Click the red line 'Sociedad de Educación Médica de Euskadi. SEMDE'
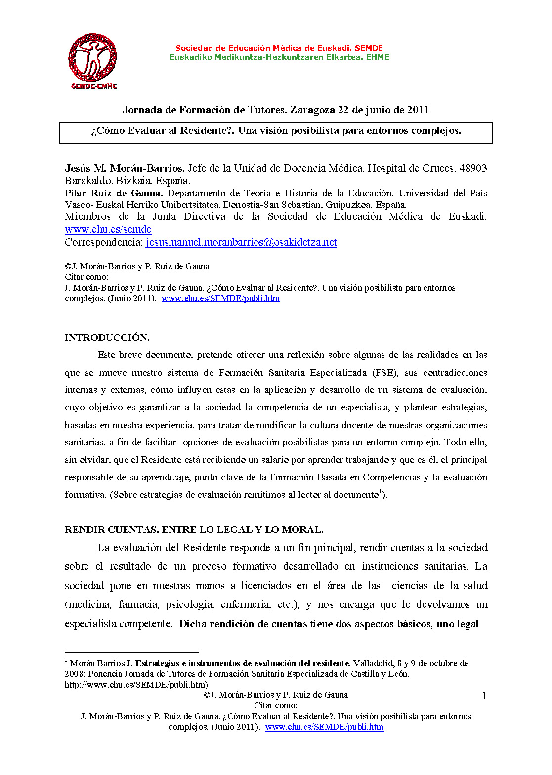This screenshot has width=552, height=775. click(279, 48)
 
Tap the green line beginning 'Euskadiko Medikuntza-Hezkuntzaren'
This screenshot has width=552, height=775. click(279, 57)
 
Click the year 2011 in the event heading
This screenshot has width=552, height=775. click(418, 110)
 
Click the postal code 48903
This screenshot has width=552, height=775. click(473, 168)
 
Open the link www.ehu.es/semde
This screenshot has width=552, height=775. click(108, 229)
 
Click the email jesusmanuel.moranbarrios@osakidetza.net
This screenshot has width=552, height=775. click(241, 242)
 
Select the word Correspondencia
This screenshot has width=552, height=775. click(104, 242)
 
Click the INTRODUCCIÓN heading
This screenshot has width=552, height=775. click(107, 338)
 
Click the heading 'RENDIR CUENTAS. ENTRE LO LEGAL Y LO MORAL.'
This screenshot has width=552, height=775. click(194, 530)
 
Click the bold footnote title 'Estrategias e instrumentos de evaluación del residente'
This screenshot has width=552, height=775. click(243, 663)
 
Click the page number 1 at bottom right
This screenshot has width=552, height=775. click(484, 696)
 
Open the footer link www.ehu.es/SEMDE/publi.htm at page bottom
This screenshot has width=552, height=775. click(324, 727)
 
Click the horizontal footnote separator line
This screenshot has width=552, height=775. click(131, 652)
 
